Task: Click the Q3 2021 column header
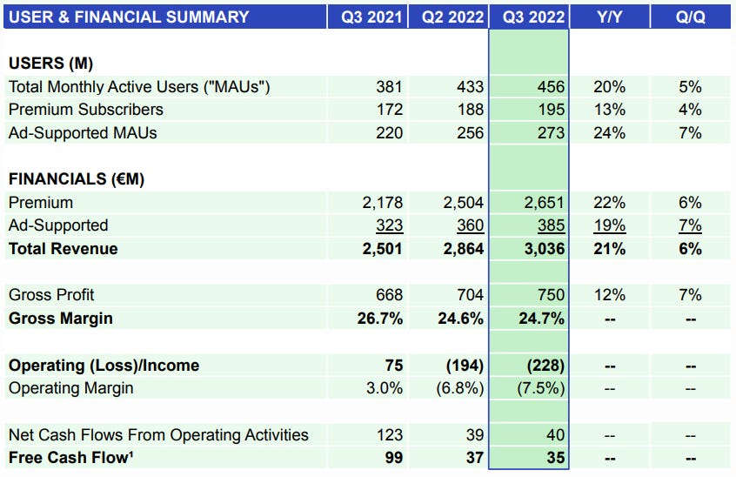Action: (x=367, y=17)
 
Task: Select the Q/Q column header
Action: (x=690, y=17)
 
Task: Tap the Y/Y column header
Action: (x=610, y=17)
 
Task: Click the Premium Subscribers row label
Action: (x=85, y=110)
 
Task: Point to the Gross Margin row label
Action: (x=60, y=319)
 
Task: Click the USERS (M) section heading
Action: (x=50, y=64)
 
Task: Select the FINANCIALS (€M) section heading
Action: (x=76, y=179)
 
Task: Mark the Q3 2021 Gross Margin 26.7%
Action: (x=379, y=319)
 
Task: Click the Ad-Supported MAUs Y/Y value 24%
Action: (x=610, y=133)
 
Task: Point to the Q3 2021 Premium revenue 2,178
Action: (x=382, y=203)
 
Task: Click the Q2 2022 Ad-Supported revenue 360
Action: (x=470, y=225)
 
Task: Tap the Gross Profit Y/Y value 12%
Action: (x=610, y=296)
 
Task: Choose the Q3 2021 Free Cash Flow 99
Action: (x=392, y=458)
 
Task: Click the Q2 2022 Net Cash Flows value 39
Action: (x=473, y=434)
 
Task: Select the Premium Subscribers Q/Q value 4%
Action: (x=690, y=110)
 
